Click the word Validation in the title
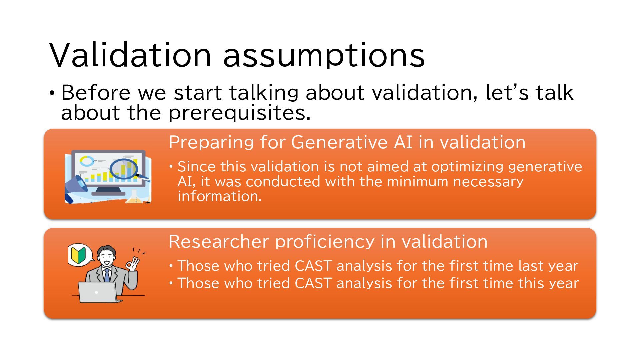[130, 55]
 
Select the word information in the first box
[220, 196]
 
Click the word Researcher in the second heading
[218, 241]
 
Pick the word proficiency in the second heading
[325, 242]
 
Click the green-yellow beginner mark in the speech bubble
[77, 254]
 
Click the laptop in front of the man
[98, 292]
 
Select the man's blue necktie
[107, 275]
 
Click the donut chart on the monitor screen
[87, 161]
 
